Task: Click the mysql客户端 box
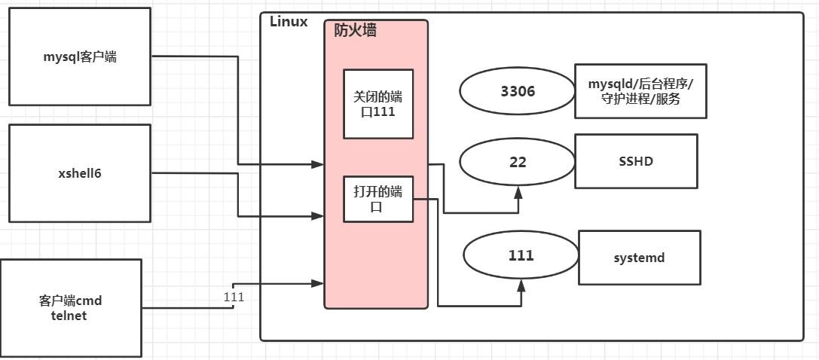pyautogui.click(x=79, y=56)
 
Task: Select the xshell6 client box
pyautogui.click(x=80, y=173)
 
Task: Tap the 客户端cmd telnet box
pyautogui.click(x=71, y=307)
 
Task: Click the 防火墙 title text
pyautogui.click(x=356, y=31)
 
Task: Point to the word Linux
pyautogui.click(x=289, y=22)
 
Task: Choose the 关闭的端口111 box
pyautogui.click(x=378, y=104)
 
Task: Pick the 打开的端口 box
pyautogui.click(x=378, y=199)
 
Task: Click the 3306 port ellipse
pyautogui.click(x=518, y=91)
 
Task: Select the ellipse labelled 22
pyautogui.click(x=518, y=162)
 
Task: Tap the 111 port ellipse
pyautogui.click(x=521, y=256)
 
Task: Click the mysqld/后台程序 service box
pyautogui.click(x=640, y=91)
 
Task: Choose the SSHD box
pyautogui.click(x=636, y=161)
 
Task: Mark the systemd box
pyautogui.click(x=639, y=258)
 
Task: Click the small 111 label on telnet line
pyautogui.click(x=234, y=297)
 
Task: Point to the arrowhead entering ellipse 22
pyautogui.click(x=518, y=192)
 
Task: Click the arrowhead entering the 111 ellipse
pyautogui.click(x=521, y=285)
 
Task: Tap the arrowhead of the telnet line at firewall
pyautogui.click(x=319, y=283)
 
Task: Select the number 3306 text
pyautogui.click(x=518, y=91)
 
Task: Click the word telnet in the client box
pyautogui.click(x=70, y=316)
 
